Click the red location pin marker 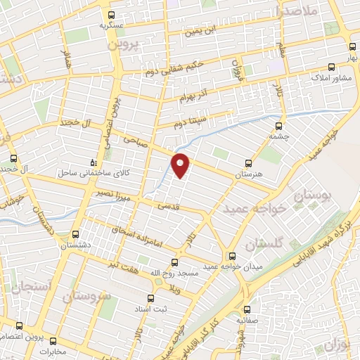pyautogui.click(x=181, y=165)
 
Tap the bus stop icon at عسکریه pyautogui.click(x=111, y=14)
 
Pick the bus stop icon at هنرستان pyautogui.click(x=246, y=162)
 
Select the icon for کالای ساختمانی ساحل pyautogui.click(x=85, y=161)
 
